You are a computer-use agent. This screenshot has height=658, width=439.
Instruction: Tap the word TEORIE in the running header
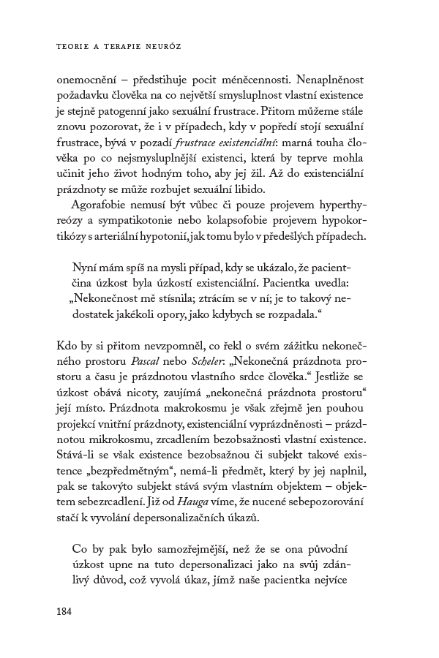point(72,45)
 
